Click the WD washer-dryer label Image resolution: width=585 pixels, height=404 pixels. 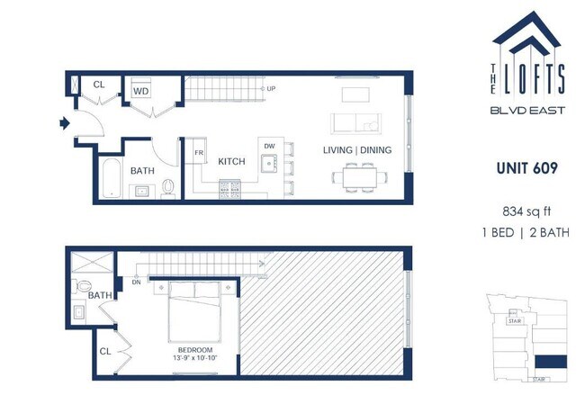[140, 90]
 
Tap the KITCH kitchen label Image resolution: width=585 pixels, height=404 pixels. [231, 161]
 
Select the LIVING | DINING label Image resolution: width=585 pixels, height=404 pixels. [357, 150]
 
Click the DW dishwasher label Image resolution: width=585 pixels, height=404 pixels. [268, 145]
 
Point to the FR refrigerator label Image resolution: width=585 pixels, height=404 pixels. [199, 153]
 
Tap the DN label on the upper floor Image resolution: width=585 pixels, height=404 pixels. [137, 281]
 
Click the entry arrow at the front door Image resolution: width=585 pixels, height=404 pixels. [65, 122]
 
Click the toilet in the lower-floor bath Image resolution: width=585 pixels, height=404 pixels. [167, 187]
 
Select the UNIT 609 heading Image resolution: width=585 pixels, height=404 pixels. [527, 167]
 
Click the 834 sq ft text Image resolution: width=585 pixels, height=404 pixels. [527, 212]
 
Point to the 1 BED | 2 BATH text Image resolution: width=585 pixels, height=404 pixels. [527, 234]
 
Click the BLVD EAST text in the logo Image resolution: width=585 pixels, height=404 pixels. [528, 112]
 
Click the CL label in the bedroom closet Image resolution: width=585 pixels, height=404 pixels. [106, 350]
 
